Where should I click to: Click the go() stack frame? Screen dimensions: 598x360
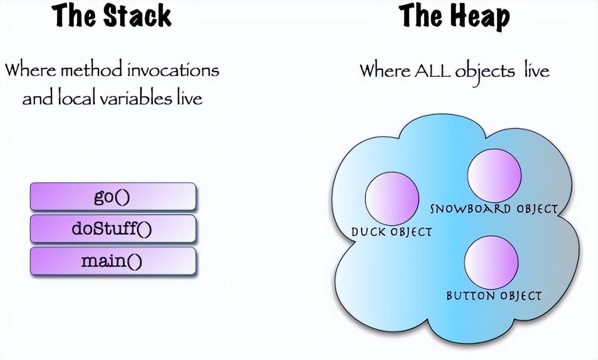tap(113, 196)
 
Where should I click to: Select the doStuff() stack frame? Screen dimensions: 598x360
tap(113, 229)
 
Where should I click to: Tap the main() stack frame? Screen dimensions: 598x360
tap(113, 261)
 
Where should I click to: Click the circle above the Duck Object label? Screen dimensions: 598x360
tap(392, 198)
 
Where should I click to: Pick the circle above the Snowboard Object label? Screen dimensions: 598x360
tap(494, 176)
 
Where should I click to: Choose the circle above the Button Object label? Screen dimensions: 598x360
tap(491, 262)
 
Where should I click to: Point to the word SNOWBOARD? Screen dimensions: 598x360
tap(470, 209)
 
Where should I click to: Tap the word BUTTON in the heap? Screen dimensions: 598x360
tap(470, 296)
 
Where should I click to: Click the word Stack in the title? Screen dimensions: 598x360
tap(137, 16)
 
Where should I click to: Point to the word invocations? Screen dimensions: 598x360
tap(173, 70)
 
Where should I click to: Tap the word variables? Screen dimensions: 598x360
tap(136, 98)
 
